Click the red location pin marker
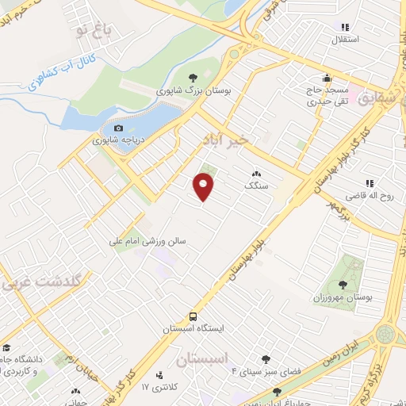click(x=205, y=187)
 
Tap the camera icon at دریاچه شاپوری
click(x=118, y=128)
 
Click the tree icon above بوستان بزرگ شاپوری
click(x=182, y=78)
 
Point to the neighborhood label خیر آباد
click(x=225, y=140)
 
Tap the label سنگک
click(x=257, y=185)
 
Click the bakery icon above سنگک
click(x=256, y=173)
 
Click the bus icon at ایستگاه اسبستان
click(x=194, y=316)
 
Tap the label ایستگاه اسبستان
click(x=194, y=328)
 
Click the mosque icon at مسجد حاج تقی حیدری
click(x=327, y=78)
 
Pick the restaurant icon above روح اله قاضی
click(x=370, y=183)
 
